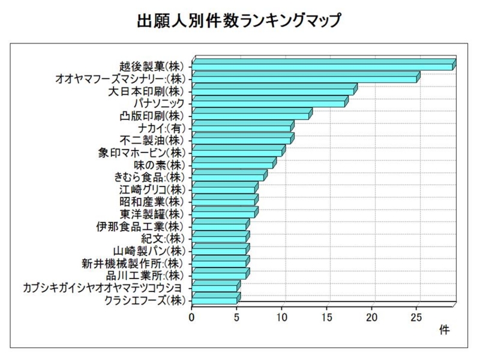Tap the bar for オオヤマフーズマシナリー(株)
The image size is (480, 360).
[304, 78]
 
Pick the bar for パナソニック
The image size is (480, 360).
[268, 103]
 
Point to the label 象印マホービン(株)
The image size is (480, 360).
[142, 152]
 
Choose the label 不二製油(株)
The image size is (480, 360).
[154, 140]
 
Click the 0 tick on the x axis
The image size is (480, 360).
[192, 316]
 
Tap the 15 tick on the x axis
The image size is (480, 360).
[327, 316]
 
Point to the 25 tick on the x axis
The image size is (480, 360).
[417, 316]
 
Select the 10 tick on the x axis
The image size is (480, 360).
[282, 316]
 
